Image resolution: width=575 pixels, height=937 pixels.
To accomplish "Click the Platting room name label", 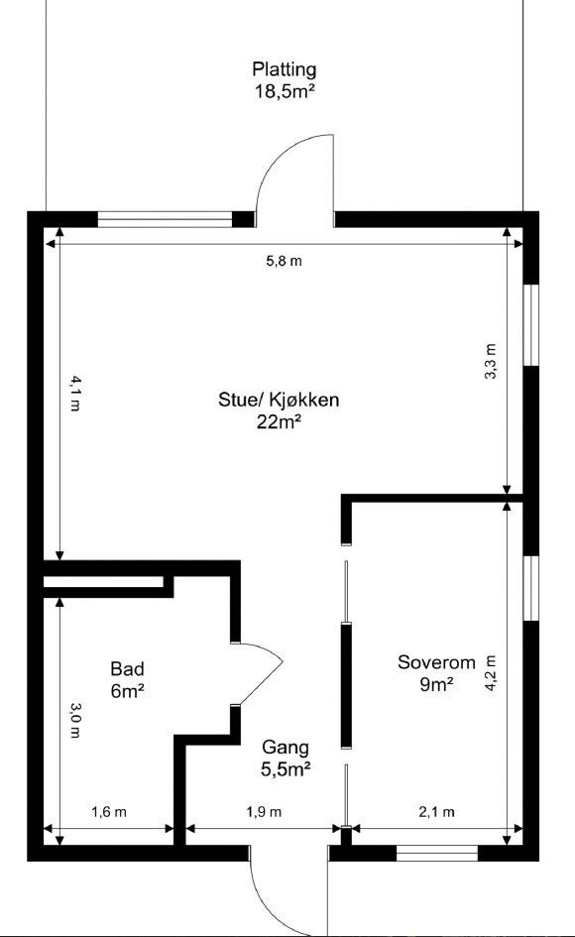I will coord(285,69).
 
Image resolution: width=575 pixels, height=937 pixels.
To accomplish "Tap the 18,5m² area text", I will coord(285,91).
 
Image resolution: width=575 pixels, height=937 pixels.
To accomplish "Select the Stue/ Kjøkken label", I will coord(279,401).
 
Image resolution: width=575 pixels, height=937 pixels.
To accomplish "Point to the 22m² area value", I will coord(279,421).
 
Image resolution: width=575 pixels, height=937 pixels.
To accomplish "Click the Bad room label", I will coord(127,668).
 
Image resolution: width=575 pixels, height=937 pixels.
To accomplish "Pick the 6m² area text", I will coord(127,691).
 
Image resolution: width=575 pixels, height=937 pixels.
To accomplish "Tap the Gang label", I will coord(286,748).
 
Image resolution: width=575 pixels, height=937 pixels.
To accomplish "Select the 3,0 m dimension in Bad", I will coord(74,720).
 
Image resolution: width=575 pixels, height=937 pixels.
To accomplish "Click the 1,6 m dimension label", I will coord(109,812).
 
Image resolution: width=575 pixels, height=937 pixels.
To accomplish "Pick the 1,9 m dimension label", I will coord(264,812).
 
